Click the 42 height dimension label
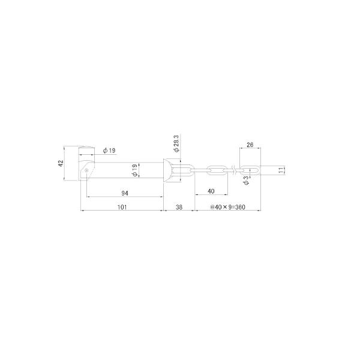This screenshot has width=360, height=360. click(x=61, y=163)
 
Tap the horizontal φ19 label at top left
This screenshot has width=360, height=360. click(x=109, y=151)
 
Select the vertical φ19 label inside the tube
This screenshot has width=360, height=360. click(x=135, y=170)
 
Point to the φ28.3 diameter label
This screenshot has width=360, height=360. click(x=177, y=143)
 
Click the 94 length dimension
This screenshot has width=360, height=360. click(x=125, y=193)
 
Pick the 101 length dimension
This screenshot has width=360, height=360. click(x=122, y=207)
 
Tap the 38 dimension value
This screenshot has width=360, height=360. click(x=179, y=207)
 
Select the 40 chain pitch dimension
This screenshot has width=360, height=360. click(x=211, y=191)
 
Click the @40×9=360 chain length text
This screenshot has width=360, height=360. click(x=228, y=207)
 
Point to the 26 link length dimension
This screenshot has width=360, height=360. click(x=250, y=145)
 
